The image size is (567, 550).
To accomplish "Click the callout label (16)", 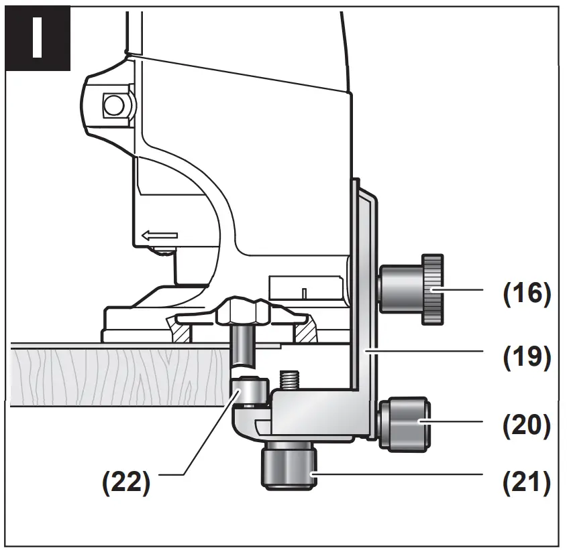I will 527,293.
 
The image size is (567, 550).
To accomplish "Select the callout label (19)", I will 527,357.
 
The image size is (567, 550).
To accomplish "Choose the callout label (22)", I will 126,483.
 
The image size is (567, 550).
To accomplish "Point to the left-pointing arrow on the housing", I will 159,235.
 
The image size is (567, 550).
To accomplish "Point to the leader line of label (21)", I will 396,474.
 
